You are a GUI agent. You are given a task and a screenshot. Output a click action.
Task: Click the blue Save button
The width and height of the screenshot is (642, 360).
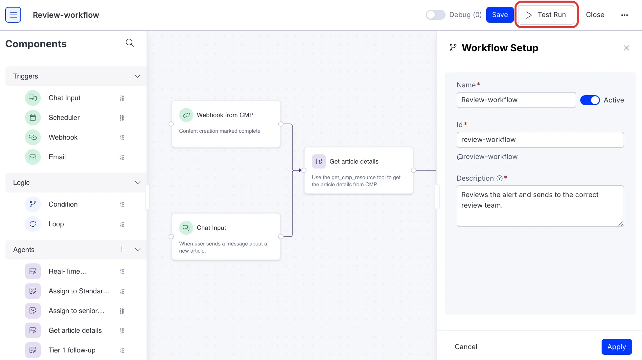click(x=500, y=15)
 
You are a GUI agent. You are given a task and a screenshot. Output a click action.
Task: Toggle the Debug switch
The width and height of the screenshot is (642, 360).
click(x=435, y=15)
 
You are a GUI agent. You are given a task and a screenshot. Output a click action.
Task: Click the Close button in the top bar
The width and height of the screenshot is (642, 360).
click(x=595, y=15)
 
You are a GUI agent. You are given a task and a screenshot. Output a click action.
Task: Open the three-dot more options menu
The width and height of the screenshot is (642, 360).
click(x=624, y=15)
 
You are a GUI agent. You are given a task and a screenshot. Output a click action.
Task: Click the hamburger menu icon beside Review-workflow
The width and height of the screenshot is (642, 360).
click(x=13, y=15)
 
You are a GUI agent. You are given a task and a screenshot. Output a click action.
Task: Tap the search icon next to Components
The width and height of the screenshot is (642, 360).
click(x=130, y=43)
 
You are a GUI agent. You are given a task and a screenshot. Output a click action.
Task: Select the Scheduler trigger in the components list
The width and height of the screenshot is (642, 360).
click(x=64, y=118)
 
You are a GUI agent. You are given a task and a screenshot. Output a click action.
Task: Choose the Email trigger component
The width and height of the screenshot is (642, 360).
click(x=57, y=157)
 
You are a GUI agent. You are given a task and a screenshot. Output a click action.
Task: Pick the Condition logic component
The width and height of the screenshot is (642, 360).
click(x=63, y=204)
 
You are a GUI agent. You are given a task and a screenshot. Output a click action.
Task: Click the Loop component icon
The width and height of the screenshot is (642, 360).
click(x=33, y=224)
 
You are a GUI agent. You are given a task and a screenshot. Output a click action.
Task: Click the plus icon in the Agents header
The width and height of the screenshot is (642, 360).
click(x=122, y=249)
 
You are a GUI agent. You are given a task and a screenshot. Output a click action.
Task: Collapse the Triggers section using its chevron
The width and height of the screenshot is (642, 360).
click(x=138, y=76)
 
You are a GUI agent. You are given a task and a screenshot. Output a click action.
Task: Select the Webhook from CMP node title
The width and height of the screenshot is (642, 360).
click(x=225, y=115)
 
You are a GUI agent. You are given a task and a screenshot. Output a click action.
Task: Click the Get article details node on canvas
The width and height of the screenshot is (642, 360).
click(x=358, y=170)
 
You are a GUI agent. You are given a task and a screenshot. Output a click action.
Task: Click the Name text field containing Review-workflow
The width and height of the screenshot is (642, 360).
click(x=516, y=100)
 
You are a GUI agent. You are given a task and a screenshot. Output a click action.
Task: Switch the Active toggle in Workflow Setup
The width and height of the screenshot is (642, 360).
click(x=590, y=100)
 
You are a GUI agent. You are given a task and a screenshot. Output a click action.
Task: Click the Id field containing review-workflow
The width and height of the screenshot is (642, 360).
click(x=540, y=140)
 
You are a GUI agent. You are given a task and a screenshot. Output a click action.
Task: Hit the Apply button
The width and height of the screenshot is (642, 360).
click(x=616, y=347)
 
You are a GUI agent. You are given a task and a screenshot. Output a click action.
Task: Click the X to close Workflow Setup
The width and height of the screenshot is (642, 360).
click(x=626, y=48)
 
